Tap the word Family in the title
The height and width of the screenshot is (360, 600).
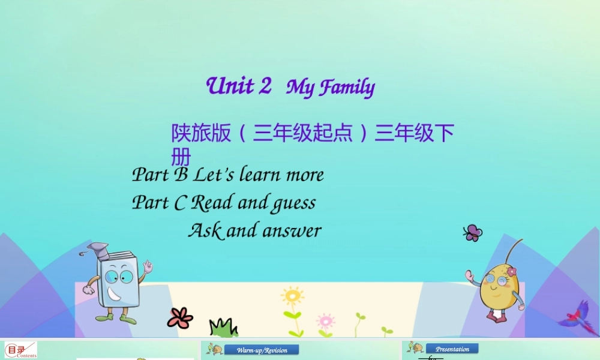coord(347,88)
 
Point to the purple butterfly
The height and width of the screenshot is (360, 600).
coord(472,233)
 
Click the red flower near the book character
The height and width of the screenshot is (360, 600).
coord(179,317)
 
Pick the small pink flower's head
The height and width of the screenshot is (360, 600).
coord(325,320)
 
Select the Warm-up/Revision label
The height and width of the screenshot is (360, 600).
coord(262,350)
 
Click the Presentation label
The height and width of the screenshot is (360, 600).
coord(452,349)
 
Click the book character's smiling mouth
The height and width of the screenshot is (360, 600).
coord(115,295)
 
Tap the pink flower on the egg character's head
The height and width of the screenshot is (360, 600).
coord(511,272)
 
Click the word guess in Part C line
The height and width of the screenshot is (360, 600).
coord(293,203)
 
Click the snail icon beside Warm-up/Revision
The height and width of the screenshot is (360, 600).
coord(214,349)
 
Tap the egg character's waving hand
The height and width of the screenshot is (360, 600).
coord(470,277)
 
